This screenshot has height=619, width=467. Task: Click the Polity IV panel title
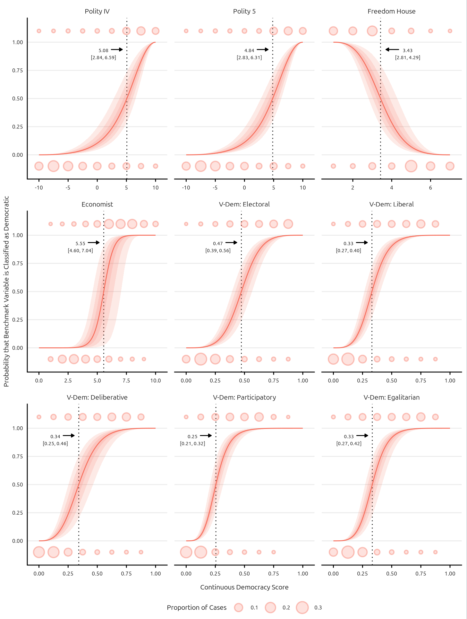(x=97, y=12)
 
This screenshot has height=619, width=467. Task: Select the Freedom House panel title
(x=391, y=12)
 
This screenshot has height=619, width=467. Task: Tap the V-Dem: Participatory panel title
(x=244, y=397)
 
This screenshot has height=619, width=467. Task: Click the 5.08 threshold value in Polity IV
(x=103, y=50)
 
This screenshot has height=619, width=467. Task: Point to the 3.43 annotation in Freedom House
(x=407, y=50)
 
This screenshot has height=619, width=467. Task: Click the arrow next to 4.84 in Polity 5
(x=263, y=49)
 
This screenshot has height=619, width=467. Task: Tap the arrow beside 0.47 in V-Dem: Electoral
(x=231, y=242)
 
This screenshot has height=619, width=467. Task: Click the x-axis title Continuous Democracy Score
(x=244, y=587)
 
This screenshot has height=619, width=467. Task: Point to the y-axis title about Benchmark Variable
(x=6, y=291)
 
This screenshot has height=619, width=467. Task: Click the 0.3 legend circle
(x=302, y=607)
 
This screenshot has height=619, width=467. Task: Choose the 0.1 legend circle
(x=239, y=607)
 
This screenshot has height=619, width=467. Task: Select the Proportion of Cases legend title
(x=197, y=607)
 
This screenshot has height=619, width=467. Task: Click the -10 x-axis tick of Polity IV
(x=39, y=188)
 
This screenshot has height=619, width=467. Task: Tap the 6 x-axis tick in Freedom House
(x=430, y=188)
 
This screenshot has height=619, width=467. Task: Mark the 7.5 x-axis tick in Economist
(x=126, y=381)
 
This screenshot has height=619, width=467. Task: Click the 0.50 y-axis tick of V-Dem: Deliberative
(x=18, y=484)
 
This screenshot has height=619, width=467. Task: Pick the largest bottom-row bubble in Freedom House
(x=411, y=166)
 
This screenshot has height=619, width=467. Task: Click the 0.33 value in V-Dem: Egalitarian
(x=349, y=437)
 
